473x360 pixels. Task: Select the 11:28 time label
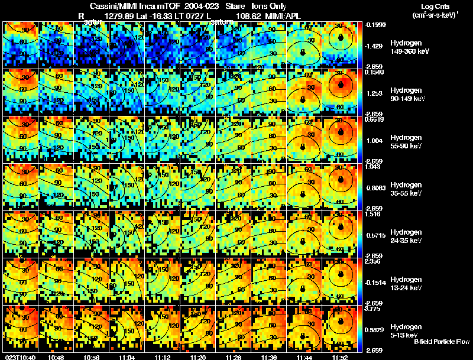click(235, 357)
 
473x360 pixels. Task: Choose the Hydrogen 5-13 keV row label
click(407, 331)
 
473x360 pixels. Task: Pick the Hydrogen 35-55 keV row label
click(407, 189)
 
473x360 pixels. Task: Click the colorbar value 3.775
click(374, 309)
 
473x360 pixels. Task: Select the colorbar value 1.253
click(374, 93)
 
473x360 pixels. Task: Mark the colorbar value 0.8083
click(374, 188)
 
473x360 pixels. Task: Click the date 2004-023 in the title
click(202, 6)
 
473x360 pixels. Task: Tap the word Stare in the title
click(235, 6)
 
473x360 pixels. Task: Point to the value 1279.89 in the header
click(118, 15)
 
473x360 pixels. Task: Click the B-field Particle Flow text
click(441, 342)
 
